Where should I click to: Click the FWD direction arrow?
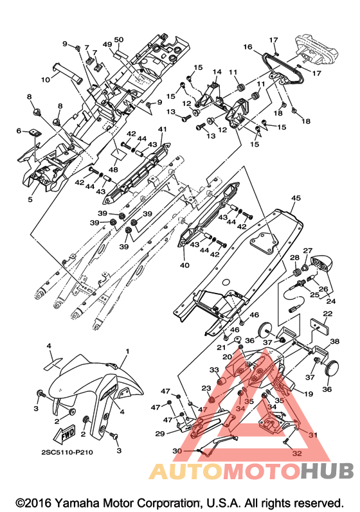(65, 434)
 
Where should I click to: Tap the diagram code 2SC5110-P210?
(67, 452)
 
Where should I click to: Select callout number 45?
(296, 199)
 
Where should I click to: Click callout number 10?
(46, 80)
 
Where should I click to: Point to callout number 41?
(163, 129)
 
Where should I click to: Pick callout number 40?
(184, 265)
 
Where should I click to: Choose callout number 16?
(248, 47)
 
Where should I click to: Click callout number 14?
(217, 72)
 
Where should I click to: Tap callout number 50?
(119, 40)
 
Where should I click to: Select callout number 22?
(328, 313)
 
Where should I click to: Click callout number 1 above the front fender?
(127, 351)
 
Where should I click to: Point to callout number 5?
(30, 199)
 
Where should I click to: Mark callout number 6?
(19, 131)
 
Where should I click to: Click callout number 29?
(159, 434)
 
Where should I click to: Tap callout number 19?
(309, 394)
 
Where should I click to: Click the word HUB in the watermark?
(327, 471)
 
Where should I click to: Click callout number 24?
(330, 301)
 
